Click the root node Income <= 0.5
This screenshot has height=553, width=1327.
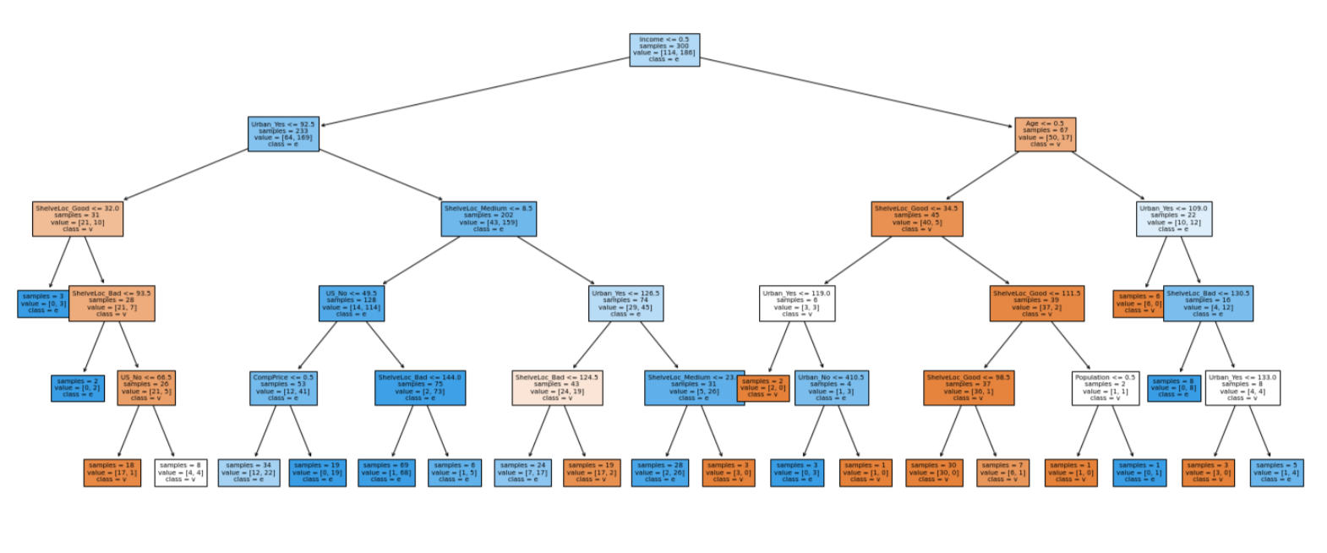click(664, 50)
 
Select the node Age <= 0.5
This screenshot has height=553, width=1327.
click(1045, 134)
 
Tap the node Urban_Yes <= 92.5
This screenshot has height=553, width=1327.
click(284, 134)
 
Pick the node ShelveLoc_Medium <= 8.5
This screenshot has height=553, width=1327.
click(489, 219)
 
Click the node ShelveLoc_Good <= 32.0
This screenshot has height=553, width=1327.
click(78, 219)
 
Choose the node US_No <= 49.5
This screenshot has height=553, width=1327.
click(352, 304)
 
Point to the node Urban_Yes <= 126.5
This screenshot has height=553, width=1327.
click(625, 304)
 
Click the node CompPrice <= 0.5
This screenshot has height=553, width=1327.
click(283, 388)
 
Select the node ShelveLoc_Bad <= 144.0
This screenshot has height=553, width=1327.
click(420, 388)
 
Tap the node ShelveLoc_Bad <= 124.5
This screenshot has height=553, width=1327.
click(557, 388)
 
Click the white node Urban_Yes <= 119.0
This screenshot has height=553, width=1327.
click(797, 304)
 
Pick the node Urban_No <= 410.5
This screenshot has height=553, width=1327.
click(831, 388)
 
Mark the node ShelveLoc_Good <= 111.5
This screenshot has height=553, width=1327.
click(1036, 304)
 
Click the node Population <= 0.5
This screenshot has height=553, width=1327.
click(1105, 388)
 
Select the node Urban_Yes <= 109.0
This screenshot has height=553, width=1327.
click(1173, 219)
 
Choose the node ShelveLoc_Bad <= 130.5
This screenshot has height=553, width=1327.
click(1209, 304)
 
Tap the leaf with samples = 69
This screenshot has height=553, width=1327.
click(385, 473)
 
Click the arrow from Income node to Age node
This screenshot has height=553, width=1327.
click(854, 90)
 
